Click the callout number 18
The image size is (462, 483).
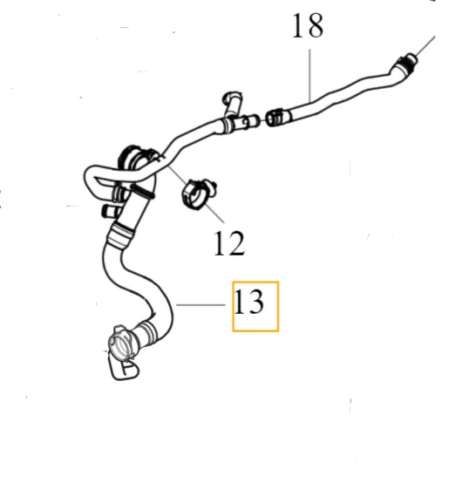[308, 26]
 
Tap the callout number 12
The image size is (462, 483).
[229, 243]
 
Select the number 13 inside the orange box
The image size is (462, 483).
[249, 302]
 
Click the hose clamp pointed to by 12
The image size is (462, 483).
[199, 194]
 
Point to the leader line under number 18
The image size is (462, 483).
[309, 75]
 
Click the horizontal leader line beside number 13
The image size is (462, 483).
[200, 304]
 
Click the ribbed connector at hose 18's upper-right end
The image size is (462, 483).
[405, 63]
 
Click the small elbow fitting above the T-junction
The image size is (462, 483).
[233, 103]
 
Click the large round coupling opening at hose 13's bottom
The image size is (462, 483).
[121, 344]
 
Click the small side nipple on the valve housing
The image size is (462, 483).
[108, 210]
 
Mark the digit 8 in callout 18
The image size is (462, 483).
[315, 26]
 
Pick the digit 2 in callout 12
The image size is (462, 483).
[236, 243]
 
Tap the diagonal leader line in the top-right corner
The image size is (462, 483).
[425, 46]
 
